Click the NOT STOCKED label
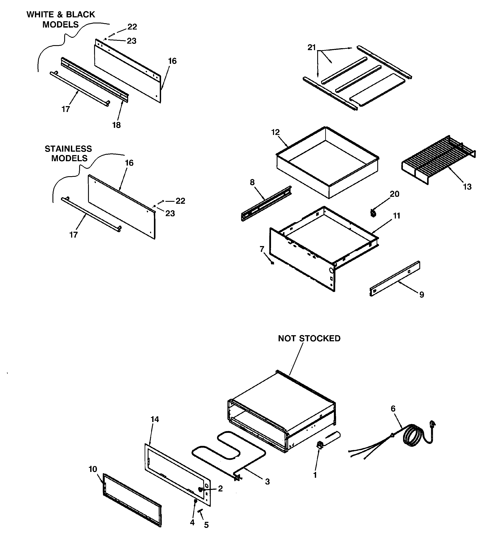(309, 338)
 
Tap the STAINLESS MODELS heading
(68, 153)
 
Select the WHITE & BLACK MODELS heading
(61, 19)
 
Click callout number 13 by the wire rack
(467, 187)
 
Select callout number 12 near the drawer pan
(275, 132)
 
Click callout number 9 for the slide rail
(422, 294)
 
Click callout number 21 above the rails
(312, 48)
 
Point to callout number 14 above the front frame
(155, 419)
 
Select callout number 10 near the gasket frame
(93, 469)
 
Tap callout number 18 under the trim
(116, 125)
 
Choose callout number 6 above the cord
(393, 409)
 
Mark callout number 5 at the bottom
(206, 525)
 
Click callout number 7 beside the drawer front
(262, 249)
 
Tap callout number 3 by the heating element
(267, 481)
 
